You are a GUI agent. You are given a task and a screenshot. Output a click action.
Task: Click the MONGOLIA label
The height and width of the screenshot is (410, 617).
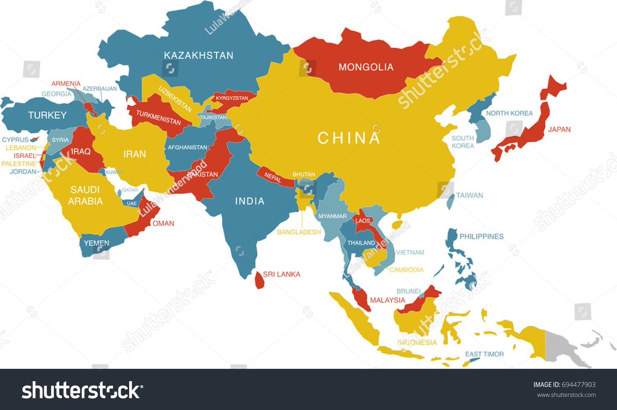pos(366,67)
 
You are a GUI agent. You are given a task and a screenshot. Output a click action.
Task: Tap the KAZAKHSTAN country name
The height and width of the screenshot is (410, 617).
pos(198,55)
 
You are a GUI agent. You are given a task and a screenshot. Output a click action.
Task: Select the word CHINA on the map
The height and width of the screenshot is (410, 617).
pos(349,138)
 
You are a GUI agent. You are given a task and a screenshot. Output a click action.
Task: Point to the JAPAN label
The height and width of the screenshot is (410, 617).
pos(559,130)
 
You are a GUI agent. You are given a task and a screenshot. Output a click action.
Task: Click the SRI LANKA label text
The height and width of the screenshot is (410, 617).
pos(281,274)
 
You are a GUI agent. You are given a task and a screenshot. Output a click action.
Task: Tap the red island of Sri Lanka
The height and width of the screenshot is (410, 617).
pos(259,280)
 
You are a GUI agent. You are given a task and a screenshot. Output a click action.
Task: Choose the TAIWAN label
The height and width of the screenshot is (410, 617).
pos(470,195)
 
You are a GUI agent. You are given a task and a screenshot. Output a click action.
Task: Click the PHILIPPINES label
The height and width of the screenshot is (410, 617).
pos(481,237)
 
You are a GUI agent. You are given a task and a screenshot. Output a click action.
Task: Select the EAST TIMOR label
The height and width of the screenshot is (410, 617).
pos(484,354)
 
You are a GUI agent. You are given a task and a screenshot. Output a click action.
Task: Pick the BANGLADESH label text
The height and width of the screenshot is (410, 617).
pos(299,232)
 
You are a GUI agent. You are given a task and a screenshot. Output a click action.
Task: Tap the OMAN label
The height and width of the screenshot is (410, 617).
pos(164,223)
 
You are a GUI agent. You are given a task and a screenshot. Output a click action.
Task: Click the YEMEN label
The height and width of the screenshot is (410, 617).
pos(97,243)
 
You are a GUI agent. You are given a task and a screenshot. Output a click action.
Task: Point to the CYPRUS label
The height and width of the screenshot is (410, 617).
pos(15,139)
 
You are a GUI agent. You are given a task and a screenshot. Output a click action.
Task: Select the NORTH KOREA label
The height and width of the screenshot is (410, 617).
pos(510,113)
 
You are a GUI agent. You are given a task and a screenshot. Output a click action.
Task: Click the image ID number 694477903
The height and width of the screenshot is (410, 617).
pos(579,384)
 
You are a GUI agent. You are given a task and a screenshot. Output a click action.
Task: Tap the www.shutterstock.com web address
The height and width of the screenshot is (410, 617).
pos(566,395)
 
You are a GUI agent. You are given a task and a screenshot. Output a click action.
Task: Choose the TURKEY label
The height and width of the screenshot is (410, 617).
pos(47,115)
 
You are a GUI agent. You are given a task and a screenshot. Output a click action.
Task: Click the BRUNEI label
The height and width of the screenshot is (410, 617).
pos(409,291)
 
